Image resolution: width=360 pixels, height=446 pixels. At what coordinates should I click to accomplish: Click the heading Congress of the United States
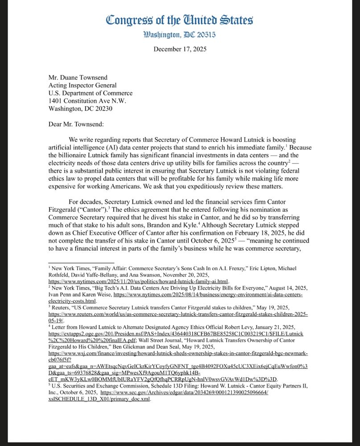[180, 21]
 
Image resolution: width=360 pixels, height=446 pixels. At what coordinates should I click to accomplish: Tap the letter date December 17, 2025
[180, 49]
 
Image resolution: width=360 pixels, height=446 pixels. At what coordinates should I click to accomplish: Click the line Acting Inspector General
[83, 85]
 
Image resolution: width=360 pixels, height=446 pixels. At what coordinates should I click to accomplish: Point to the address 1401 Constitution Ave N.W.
[87, 101]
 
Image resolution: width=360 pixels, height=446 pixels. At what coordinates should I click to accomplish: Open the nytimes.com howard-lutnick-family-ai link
[138, 282]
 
